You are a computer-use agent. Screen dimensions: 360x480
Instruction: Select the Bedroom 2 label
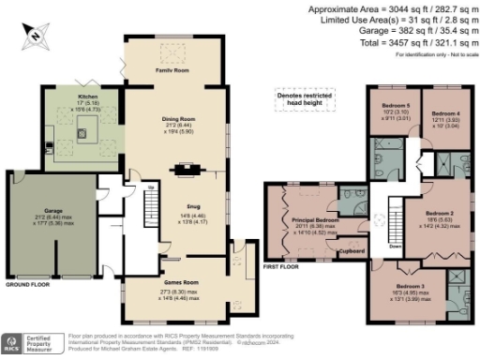[439, 213]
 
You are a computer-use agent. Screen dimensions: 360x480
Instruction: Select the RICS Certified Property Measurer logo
[30, 344]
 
